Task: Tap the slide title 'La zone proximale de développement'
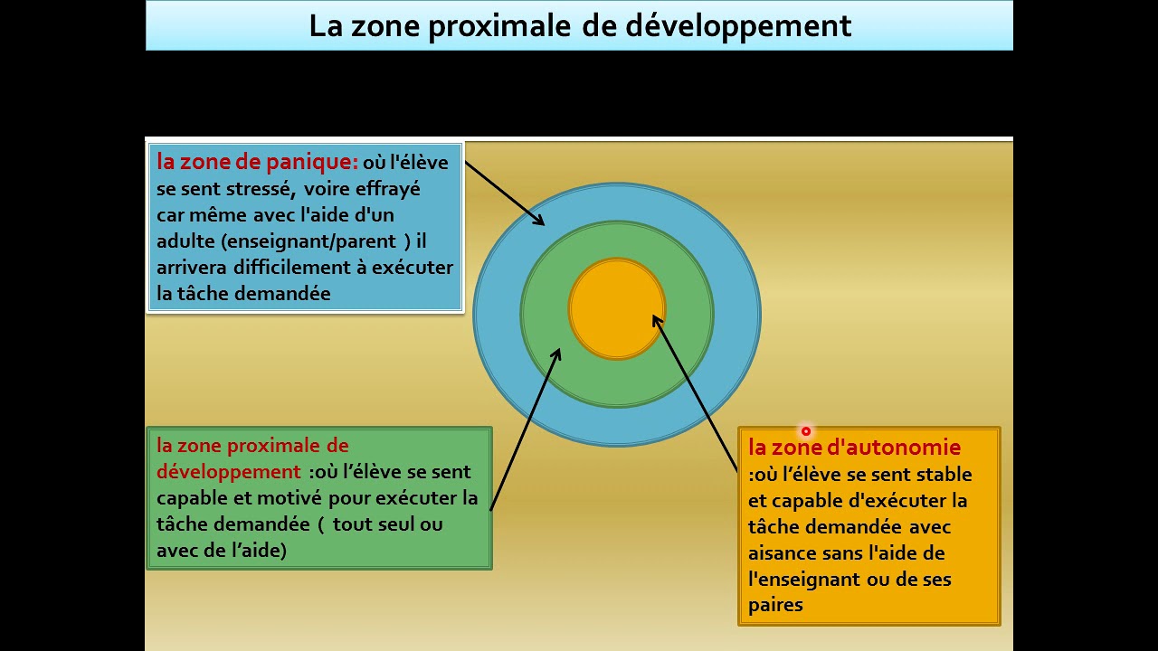[x=580, y=25]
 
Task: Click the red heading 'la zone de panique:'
[x=258, y=163]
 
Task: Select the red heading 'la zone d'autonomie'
[x=854, y=447]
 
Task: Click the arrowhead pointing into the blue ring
[x=538, y=220]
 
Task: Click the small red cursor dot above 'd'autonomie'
[x=805, y=431]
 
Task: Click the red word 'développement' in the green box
[x=228, y=472]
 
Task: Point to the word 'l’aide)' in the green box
[x=257, y=550]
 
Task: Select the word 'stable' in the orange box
[x=944, y=474]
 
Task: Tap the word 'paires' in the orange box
[x=775, y=605]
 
